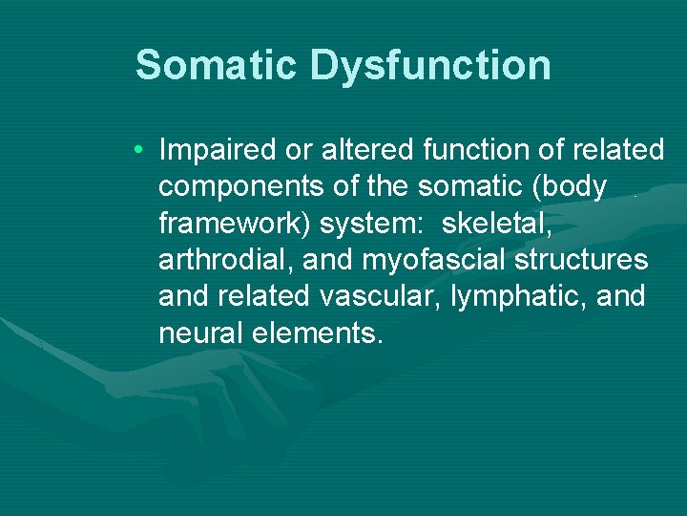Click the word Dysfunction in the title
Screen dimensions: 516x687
(430, 65)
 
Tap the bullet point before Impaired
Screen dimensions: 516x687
(139, 151)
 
